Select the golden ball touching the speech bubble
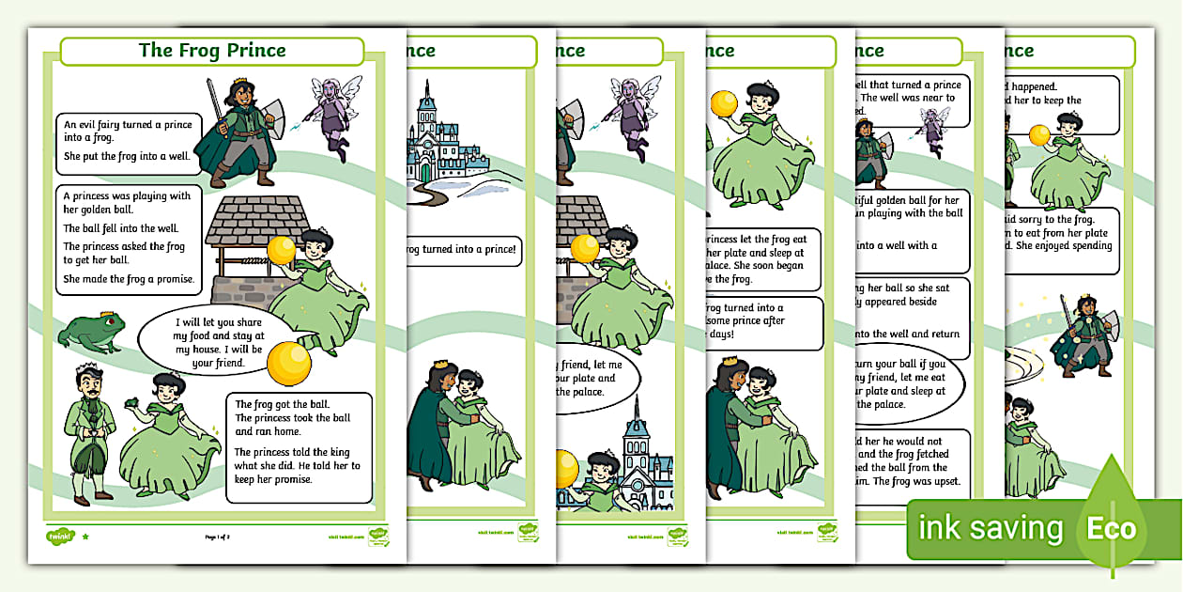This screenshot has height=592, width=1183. coord(288,361)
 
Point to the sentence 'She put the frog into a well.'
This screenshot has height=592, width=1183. coord(127,156)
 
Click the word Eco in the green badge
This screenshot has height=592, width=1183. coord(1112,528)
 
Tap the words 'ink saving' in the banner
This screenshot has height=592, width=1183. coord(990,528)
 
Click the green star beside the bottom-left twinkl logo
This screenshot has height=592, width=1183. coord(85,537)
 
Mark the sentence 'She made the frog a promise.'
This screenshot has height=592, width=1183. coord(129,279)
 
